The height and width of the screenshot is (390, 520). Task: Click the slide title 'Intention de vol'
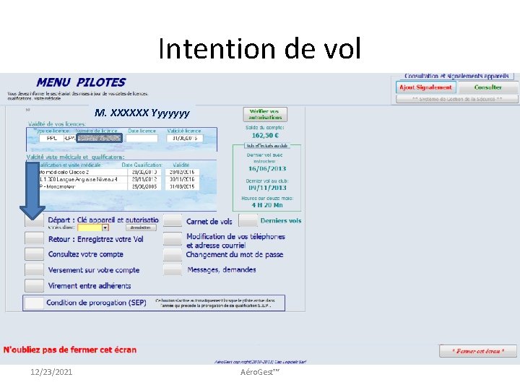point(259,49)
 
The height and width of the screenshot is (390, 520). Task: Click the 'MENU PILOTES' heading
point(81,82)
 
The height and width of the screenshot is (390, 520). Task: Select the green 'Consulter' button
point(487,87)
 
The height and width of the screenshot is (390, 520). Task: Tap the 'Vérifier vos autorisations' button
point(266,114)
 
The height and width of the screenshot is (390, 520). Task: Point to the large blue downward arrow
point(32,189)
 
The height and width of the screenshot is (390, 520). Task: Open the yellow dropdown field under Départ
point(95,227)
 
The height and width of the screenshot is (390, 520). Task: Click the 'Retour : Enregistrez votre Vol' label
point(95,239)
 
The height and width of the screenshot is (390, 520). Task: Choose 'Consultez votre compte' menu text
point(85,254)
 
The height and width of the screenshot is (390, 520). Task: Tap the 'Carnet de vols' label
point(209,222)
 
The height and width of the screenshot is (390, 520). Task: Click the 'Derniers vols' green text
point(281,221)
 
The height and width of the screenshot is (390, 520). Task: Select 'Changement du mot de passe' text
point(234,254)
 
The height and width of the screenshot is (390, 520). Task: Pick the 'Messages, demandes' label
point(221,270)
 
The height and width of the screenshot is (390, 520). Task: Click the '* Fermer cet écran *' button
point(478,351)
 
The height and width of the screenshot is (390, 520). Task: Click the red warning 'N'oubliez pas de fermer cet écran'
point(70,350)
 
